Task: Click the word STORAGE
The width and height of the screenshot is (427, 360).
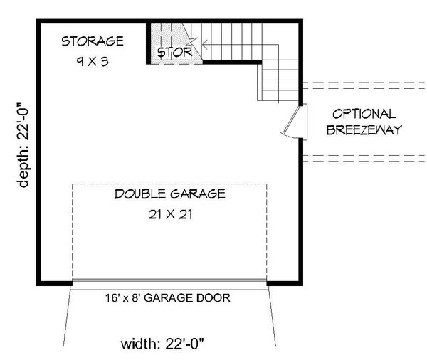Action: [x=92, y=41]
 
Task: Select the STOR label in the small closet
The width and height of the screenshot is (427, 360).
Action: [x=174, y=53]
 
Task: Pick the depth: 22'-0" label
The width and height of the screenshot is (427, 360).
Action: [x=26, y=142]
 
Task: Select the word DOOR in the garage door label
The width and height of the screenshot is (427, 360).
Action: [x=214, y=298]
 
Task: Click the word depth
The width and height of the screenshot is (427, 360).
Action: [x=26, y=170]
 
